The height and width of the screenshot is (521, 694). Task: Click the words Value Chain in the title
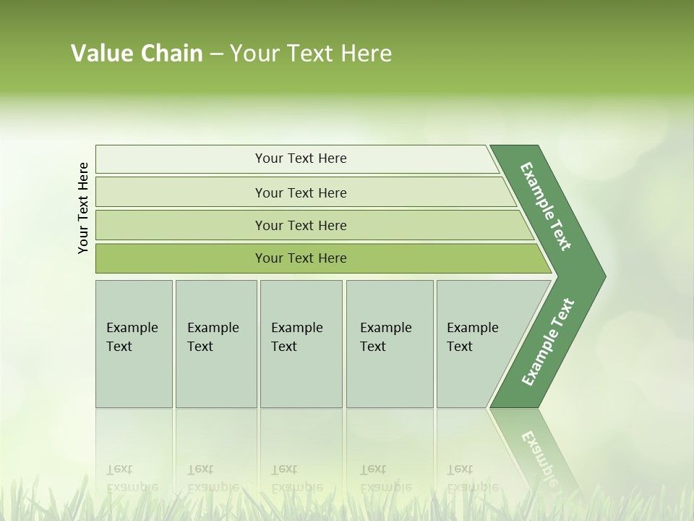click(x=137, y=54)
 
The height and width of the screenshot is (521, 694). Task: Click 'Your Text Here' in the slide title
click(x=311, y=54)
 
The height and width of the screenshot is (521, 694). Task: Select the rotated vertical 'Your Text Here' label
click(x=83, y=208)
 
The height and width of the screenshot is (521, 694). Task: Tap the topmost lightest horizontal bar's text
click(x=301, y=158)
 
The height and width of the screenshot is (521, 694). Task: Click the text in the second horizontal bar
click(x=301, y=193)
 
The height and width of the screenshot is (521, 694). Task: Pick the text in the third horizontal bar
click(x=301, y=226)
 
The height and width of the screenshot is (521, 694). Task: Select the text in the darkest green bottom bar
click(x=301, y=258)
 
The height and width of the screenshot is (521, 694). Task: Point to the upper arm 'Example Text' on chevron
click(x=546, y=206)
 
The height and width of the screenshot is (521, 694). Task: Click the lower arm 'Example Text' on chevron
click(x=547, y=342)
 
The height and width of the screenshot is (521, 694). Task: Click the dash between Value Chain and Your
click(x=216, y=54)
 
